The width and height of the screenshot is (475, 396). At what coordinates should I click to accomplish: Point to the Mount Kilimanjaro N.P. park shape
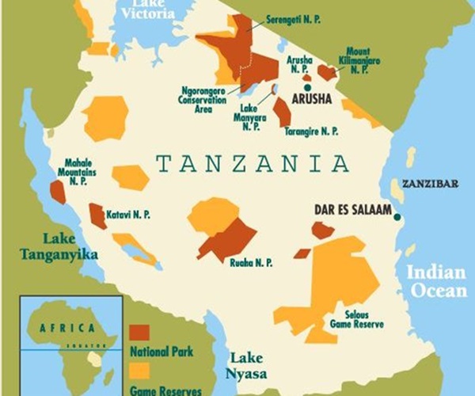click(x=326, y=72)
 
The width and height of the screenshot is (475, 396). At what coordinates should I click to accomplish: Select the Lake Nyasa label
click(x=245, y=364)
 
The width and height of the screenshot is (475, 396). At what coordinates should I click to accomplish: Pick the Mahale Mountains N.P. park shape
click(x=58, y=192)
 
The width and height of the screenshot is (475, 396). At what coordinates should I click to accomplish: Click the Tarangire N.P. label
click(x=314, y=131)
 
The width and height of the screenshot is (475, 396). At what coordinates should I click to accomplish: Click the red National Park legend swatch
click(x=139, y=332)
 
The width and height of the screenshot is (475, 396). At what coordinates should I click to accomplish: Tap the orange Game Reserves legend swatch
click(x=139, y=370)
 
